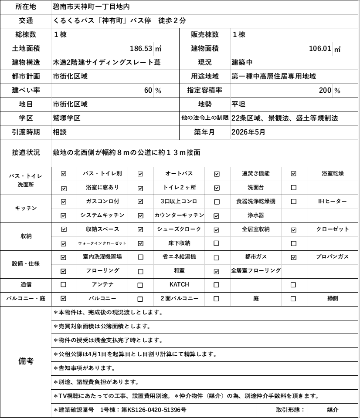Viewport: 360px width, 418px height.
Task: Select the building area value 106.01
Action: click(x=320, y=48)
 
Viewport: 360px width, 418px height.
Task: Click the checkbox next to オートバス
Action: click(x=140, y=174)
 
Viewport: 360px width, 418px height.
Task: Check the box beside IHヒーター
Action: click(x=294, y=202)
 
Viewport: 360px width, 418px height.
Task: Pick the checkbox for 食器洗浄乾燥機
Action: click(x=217, y=202)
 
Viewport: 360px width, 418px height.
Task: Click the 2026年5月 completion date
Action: click(x=248, y=132)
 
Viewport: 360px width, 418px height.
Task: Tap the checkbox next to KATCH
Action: click(x=140, y=285)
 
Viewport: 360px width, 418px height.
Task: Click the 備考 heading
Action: click(x=26, y=361)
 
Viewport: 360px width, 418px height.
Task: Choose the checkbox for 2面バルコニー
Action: click(x=140, y=299)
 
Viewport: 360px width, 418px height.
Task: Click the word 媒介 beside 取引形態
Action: click(x=333, y=410)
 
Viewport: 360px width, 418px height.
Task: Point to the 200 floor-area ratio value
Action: click(x=325, y=90)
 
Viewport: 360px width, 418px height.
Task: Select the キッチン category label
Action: click(x=26, y=209)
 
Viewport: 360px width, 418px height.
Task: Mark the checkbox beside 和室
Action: click(x=140, y=271)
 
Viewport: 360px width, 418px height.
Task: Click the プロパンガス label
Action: click(x=333, y=257)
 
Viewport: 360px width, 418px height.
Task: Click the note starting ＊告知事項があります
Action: click(x=85, y=368)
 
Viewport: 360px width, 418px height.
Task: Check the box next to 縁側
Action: click(x=294, y=299)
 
